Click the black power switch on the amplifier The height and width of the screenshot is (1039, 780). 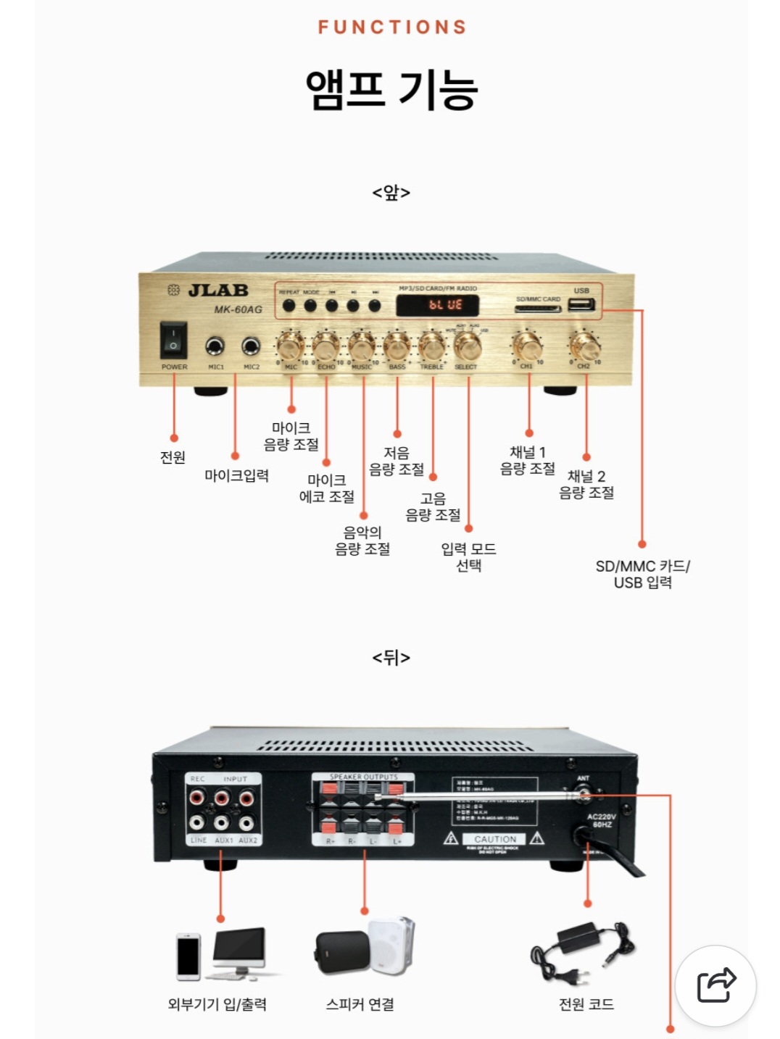click(x=173, y=339)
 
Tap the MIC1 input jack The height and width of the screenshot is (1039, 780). click(x=215, y=346)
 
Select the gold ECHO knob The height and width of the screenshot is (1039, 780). click(x=325, y=346)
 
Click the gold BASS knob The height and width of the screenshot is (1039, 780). click(x=397, y=346)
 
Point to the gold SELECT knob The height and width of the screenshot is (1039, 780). click(x=468, y=346)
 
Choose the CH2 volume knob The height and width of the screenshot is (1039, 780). click(x=584, y=346)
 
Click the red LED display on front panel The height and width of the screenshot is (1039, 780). click(x=438, y=305)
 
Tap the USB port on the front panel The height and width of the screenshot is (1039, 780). click(x=581, y=304)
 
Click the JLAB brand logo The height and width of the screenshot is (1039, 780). click(x=218, y=291)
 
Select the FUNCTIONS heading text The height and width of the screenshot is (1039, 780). click(x=392, y=28)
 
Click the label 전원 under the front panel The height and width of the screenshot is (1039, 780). click(x=173, y=457)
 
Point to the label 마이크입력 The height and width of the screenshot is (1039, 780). click(x=236, y=475)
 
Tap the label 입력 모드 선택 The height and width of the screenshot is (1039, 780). click(x=468, y=556)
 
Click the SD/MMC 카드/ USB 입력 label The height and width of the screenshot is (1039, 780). click(x=642, y=574)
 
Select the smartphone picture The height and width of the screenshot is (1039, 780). click(x=188, y=956)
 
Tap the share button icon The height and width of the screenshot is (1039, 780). click(x=715, y=985)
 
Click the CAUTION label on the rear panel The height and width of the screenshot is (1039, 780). click(x=495, y=839)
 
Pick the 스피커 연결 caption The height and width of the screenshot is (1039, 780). click(x=360, y=1004)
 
